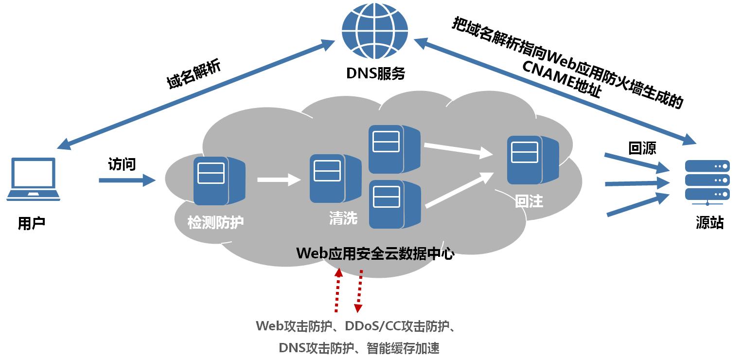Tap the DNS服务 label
point(375,73)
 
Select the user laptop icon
point(33,179)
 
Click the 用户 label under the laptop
point(32,223)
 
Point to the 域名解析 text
point(194,74)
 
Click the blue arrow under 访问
point(126,180)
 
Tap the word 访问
point(122,164)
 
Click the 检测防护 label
point(215,223)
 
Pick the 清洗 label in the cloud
point(343,218)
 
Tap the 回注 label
point(529,201)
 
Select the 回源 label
point(642,148)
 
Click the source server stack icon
point(707,180)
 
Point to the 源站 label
point(709,223)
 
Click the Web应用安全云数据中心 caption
point(375,253)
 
